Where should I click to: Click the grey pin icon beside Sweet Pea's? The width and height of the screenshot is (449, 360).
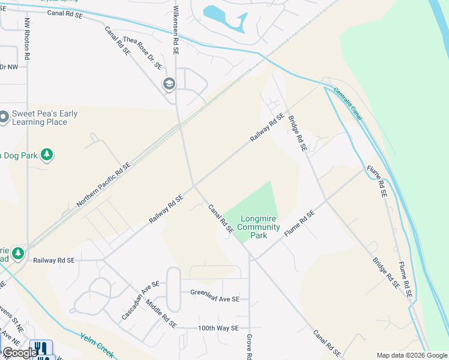[4, 117]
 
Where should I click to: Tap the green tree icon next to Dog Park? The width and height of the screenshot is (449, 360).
[47, 155]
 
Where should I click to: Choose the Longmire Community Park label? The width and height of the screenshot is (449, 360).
[259, 227]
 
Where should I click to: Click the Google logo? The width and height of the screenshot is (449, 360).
[19, 352]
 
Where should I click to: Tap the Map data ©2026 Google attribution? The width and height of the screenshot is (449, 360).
[411, 355]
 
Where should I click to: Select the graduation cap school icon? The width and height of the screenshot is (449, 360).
[169, 84]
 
